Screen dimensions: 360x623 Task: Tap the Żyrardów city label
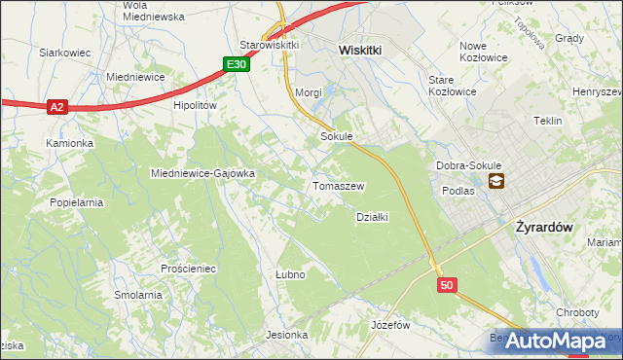[541, 225]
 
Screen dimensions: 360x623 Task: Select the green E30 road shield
[237, 64]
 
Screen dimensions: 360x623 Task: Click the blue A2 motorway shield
[57, 107]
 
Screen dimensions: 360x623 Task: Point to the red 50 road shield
[446, 285]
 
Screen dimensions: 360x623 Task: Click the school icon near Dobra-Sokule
[496, 180]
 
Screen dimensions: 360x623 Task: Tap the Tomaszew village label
[338, 185]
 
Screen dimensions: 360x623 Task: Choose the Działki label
[372, 217]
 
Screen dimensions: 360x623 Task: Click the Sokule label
[336, 137]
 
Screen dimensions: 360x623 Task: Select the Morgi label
[308, 92]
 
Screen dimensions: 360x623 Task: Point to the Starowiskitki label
[270, 45]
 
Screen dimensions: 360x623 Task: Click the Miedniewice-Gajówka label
[202, 173]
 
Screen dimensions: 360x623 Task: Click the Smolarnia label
[137, 295]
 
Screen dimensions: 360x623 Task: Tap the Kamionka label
[69, 143]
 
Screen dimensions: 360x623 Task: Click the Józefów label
[390, 324]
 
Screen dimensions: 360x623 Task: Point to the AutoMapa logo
[556, 342]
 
